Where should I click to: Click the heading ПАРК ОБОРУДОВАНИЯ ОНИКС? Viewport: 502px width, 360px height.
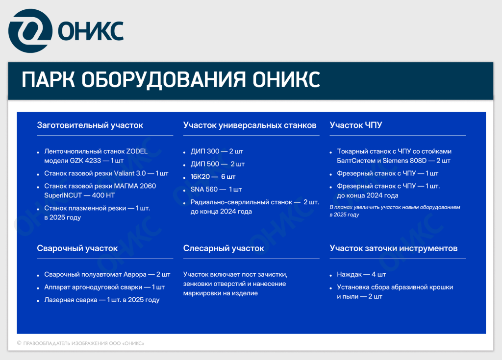coord(171,80)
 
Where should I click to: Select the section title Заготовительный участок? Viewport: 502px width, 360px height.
coord(90,125)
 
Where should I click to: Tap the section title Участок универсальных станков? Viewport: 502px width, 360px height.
coord(250,125)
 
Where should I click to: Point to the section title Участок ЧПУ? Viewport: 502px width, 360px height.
coord(356,125)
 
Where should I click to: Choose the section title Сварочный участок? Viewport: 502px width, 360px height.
coord(77,248)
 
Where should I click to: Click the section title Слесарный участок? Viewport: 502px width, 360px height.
coord(224,248)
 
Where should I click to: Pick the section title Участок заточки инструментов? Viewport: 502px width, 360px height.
coord(394,248)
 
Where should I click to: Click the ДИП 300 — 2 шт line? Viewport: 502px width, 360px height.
coord(217,151)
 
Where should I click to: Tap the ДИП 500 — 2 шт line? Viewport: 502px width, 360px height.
coord(217,164)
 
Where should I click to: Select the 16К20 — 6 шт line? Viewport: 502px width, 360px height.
coord(213,177)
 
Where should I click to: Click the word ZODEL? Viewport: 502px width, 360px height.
coord(137,151)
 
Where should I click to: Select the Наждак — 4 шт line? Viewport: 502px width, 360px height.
coord(361,274)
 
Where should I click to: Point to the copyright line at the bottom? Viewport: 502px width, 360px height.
coord(80,343)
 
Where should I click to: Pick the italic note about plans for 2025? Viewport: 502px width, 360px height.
coord(395,211)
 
